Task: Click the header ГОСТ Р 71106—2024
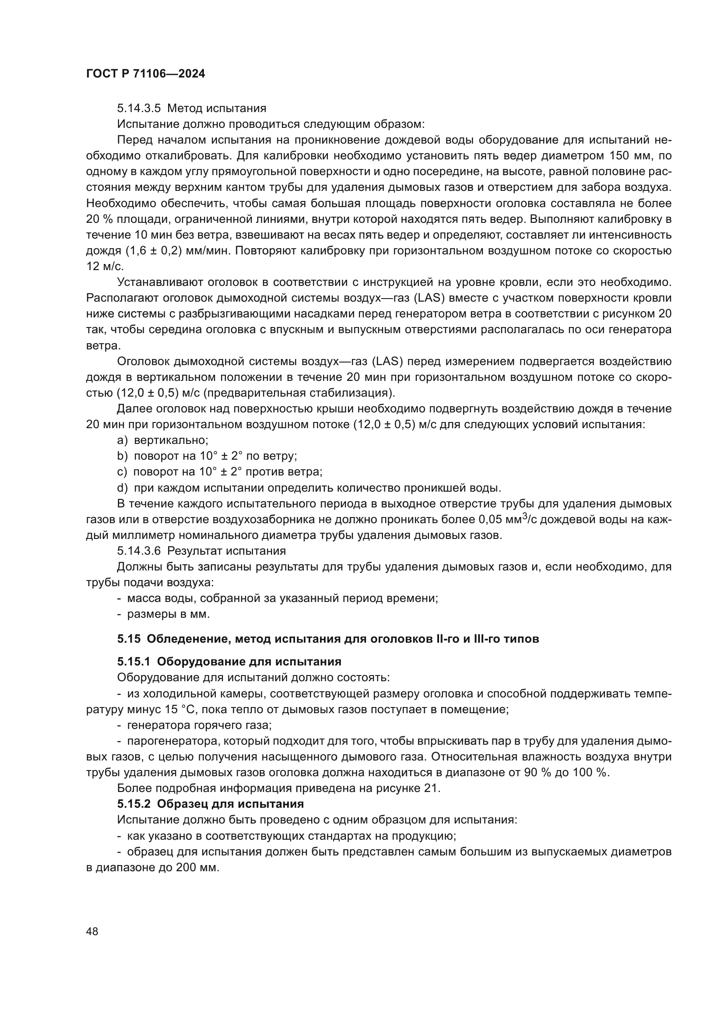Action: tap(145, 74)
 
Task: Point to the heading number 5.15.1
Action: tap(134, 661)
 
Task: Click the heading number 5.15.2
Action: tap(134, 804)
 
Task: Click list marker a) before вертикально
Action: tap(122, 441)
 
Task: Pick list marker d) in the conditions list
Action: tap(122, 488)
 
